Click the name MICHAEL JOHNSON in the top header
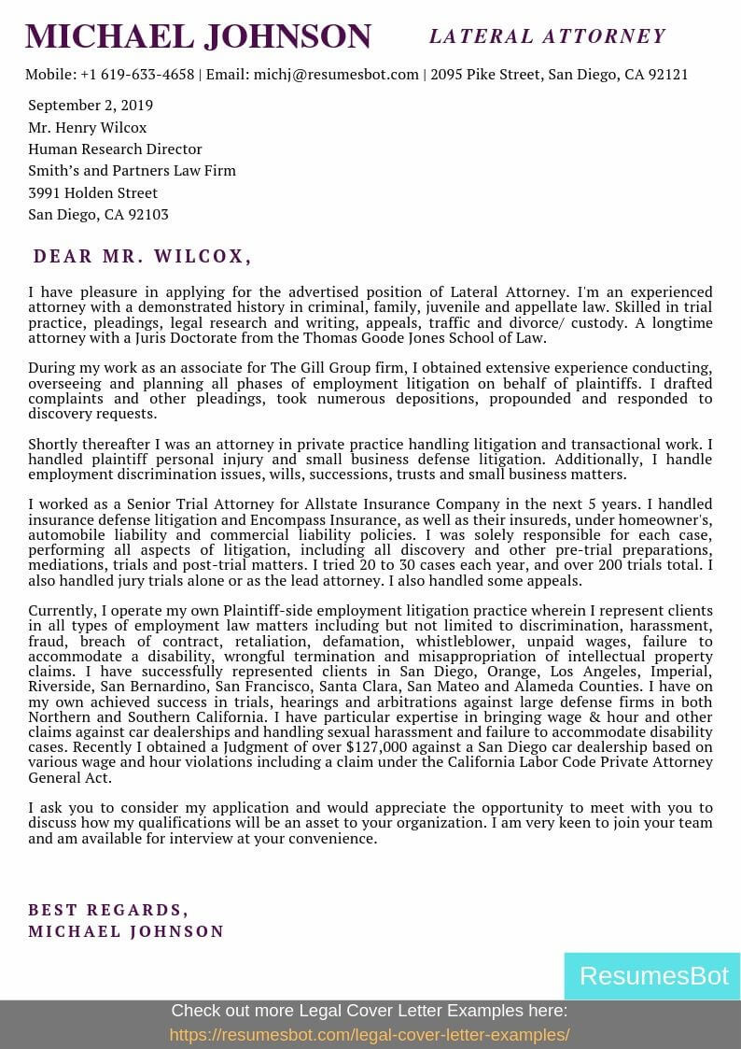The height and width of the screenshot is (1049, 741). point(198,36)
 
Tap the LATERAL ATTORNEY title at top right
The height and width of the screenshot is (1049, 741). point(547,36)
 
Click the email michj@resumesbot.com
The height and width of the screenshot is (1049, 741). point(336,75)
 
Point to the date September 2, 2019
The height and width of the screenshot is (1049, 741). point(91,106)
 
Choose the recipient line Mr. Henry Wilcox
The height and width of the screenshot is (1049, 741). point(87,127)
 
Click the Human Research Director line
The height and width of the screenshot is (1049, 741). point(115,149)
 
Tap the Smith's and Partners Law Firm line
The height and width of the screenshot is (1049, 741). point(132,171)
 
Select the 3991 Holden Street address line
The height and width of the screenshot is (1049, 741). point(92,192)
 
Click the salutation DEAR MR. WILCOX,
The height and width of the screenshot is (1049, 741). point(143,256)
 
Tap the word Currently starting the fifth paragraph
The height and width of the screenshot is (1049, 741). point(61,611)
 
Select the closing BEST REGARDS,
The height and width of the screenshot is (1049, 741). point(108,910)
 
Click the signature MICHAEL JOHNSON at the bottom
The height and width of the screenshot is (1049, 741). point(126,931)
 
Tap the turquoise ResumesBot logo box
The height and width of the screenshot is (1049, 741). point(652,976)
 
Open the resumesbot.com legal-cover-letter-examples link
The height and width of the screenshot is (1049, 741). point(370,1035)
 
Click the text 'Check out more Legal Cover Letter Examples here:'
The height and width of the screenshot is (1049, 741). point(370,1011)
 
